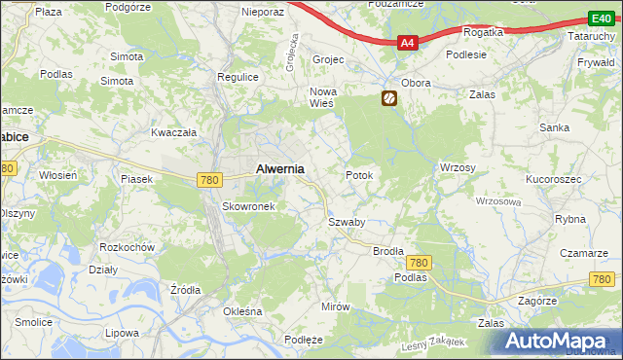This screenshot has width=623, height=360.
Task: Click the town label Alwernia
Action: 279,168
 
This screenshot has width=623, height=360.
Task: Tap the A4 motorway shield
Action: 408,43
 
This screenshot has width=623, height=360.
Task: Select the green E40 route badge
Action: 600,18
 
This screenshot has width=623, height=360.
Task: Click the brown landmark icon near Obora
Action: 388,98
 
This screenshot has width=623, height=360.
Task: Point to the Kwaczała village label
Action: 174,131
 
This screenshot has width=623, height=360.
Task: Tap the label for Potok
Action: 359,175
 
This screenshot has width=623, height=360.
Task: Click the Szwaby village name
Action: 346,222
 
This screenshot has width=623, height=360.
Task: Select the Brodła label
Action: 388,250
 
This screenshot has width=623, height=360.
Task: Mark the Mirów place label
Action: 335,306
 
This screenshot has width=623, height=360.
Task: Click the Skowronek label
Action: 251,206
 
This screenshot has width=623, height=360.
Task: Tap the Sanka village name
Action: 555,127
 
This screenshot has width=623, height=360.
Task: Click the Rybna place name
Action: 569,219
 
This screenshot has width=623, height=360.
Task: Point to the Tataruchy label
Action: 592,36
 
